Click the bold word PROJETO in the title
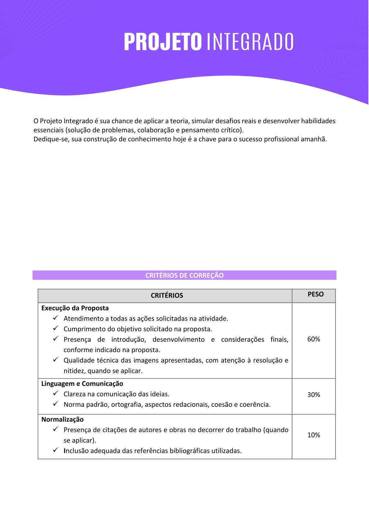pos(163,42)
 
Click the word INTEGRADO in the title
pos(250,42)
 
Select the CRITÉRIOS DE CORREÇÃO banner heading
pos(184,275)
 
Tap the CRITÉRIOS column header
pos(167,296)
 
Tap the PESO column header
pos(316,294)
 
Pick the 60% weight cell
pos(313,339)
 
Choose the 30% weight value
pos(313,395)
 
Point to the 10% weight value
pos(313,435)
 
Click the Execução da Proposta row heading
pos(75,308)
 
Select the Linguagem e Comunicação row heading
pos(82,384)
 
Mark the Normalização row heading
pos(63,420)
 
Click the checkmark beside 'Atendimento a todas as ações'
pos(56,318)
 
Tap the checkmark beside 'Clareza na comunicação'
pos(56,394)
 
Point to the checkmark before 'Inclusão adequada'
pos(56,450)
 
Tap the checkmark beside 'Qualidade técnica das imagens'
pos(56,360)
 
